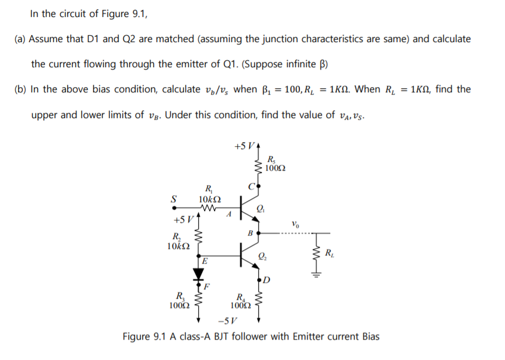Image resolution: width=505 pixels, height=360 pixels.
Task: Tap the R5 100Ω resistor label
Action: click(275, 164)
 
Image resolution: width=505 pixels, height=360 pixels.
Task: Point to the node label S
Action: click(172, 198)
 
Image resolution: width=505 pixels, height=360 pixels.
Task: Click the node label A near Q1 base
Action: click(230, 214)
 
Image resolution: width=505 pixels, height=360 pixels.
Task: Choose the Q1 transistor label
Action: click(261, 209)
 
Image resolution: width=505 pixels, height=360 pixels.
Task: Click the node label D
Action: click(266, 278)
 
